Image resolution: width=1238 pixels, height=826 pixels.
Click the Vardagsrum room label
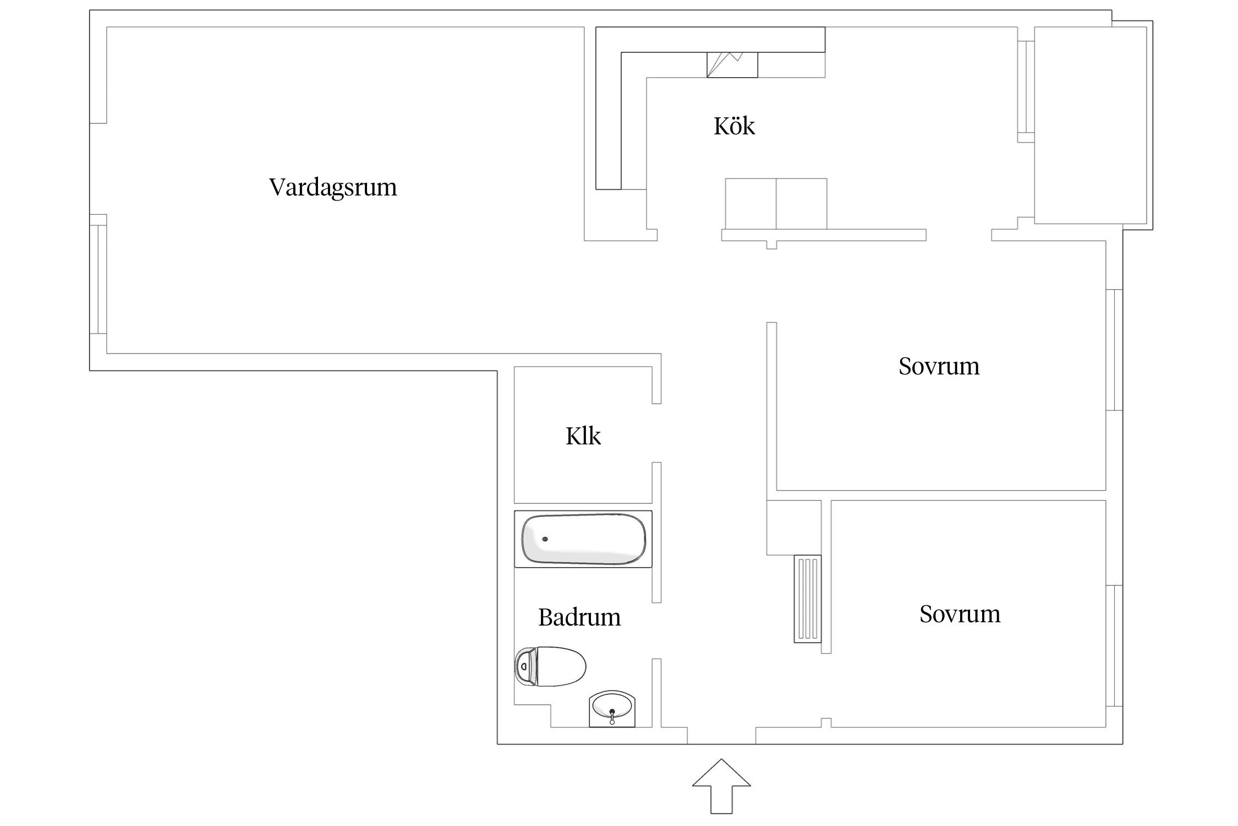pos(333,187)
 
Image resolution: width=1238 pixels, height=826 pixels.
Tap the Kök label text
pos(734,126)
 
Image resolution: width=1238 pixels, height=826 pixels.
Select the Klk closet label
pos(583,436)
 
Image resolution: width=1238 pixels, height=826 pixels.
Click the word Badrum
pos(579,617)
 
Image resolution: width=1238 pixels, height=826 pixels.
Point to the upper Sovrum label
pos(939,366)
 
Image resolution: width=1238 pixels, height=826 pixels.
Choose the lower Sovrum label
pos(960,614)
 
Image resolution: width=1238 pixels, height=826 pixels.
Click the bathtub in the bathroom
pos(583,539)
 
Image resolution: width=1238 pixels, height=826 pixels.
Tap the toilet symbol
pos(550,666)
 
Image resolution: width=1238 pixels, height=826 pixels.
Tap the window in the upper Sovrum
pos(1114,350)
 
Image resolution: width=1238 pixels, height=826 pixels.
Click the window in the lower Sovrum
pos(1114,645)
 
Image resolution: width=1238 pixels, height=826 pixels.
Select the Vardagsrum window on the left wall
pos(98,274)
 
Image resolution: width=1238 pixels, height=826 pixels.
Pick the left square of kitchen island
pos(751,204)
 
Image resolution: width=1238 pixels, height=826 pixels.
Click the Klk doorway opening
pos(656,433)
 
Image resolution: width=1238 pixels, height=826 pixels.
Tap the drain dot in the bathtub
pos(545,539)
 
